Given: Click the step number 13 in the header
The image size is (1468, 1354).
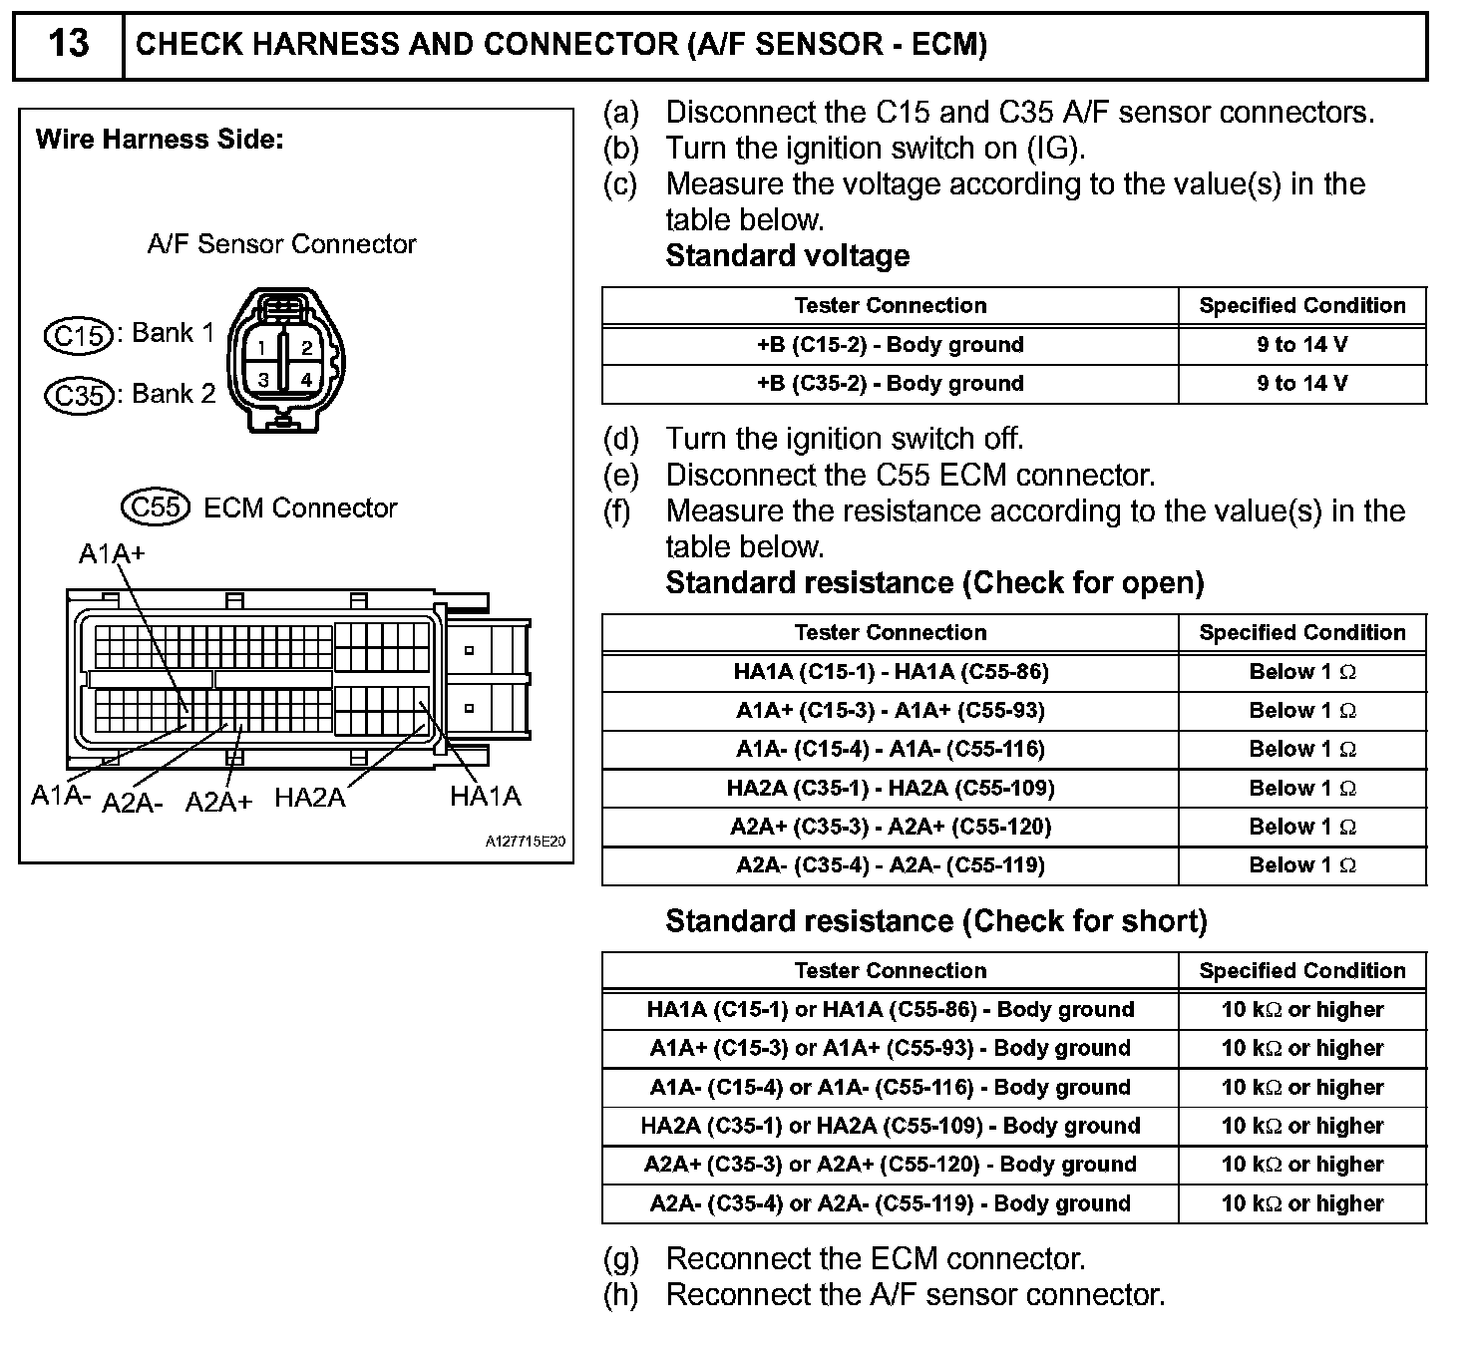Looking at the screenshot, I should pyautogui.click(x=68, y=44).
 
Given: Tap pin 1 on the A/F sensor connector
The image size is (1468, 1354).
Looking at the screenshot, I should pyautogui.click(x=261, y=348).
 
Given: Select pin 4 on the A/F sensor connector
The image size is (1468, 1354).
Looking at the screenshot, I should pyautogui.click(x=306, y=379).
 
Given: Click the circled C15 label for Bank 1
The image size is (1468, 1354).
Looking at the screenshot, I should pyautogui.click(x=80, y=335).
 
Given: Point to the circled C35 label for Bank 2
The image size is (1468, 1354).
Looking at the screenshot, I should pyautogui.click(x=80, y=396).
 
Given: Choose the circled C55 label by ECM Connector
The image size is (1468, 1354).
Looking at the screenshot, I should pyautogui.click(x=156, y=508).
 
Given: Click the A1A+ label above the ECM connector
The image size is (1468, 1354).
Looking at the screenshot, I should pyautogui.click(x=112, y=553).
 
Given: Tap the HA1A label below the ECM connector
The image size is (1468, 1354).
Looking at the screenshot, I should pyautogui.click(x=486, y=796).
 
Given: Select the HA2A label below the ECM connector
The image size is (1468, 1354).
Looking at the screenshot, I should pyautogui.click(x=309, y=798).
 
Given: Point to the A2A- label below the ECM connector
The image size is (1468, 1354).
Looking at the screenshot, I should pyautogui.click(x=132, y=803).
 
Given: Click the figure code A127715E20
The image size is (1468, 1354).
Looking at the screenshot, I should pyautogui.click(x=526, y=842).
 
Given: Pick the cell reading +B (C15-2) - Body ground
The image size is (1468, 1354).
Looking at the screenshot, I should pyautogui.click(x=890, y=345).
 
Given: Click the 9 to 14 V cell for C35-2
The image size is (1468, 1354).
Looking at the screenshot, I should pyautogui.click(x=1301, y=384).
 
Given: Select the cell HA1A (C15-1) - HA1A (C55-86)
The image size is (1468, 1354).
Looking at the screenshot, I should pyautogui.click(x=890, y=672).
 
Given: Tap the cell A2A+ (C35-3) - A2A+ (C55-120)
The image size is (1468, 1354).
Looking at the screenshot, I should pyautogui.click(x=890, y=827).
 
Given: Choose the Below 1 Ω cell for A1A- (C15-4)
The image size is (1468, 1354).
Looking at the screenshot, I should pyautogui.click(x=1301, y=750).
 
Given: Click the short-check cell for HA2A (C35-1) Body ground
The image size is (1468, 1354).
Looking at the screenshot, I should pyautogui.click(x=890, y=1126).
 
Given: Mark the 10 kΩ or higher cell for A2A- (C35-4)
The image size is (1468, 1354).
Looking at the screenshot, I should pyautogui.click(x=1301, y=1203).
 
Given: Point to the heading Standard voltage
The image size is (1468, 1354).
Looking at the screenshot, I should pyautogui.click(x=787, y=256).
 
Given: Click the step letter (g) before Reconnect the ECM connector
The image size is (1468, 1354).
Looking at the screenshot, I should pyautogui.click(x=620, y=1259).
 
